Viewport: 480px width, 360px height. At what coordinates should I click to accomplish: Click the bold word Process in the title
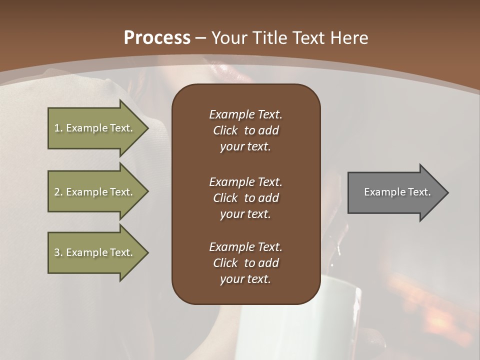point(157,38)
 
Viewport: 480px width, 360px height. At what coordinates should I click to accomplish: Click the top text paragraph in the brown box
point(245,130)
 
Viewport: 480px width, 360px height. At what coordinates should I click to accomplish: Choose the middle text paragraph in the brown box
point(245,198)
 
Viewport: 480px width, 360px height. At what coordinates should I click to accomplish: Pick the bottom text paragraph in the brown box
point(245,263)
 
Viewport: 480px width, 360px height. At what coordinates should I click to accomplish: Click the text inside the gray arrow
point(397,192)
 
